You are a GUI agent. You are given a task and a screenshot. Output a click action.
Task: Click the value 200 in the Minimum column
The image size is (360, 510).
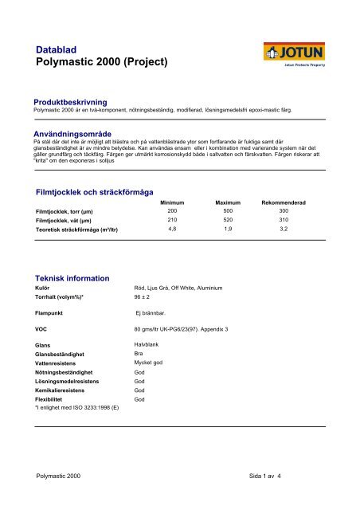pos(172,211)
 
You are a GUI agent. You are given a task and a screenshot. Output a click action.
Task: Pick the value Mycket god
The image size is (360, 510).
pos(150,362)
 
